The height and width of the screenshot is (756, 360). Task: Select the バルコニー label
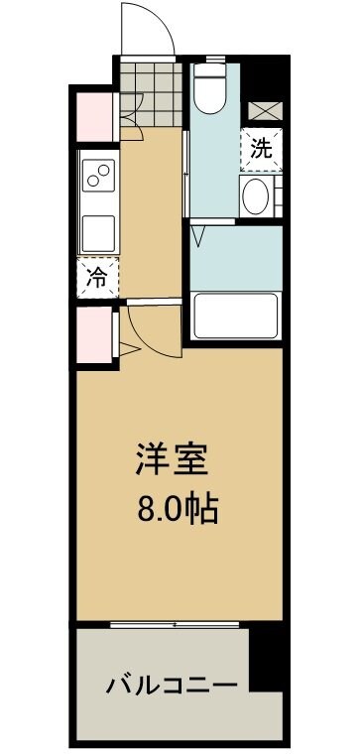coord(172,686)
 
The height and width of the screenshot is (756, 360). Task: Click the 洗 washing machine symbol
coord(260,150)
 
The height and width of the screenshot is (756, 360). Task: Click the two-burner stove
coord(98,178)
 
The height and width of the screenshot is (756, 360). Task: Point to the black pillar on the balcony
coord(265,660)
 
